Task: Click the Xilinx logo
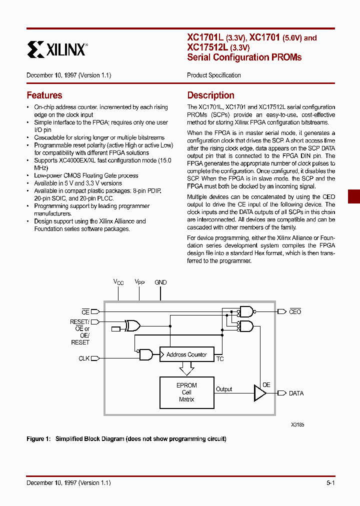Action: (57, 49)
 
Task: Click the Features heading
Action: (44, 95)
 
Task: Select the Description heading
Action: (210, 95)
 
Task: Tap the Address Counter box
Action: (186, 354)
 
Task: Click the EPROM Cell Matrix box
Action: (186, 392)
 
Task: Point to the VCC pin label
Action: (118, 282)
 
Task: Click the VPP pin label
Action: (139, 282)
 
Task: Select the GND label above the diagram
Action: (160, 282)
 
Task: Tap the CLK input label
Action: (84, 358)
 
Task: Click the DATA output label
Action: (296, 393)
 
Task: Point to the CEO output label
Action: (295, 312)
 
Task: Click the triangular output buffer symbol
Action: (260, 393)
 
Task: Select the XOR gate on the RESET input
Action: (133, 326)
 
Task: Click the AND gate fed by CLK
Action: (146, 354)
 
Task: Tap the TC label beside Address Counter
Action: (220, 359)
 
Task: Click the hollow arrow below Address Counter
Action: (186, 369)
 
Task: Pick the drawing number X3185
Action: (297, 424)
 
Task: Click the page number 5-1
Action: (330, 483)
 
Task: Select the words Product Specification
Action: (213, 75)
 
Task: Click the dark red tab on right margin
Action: (354, 196)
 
